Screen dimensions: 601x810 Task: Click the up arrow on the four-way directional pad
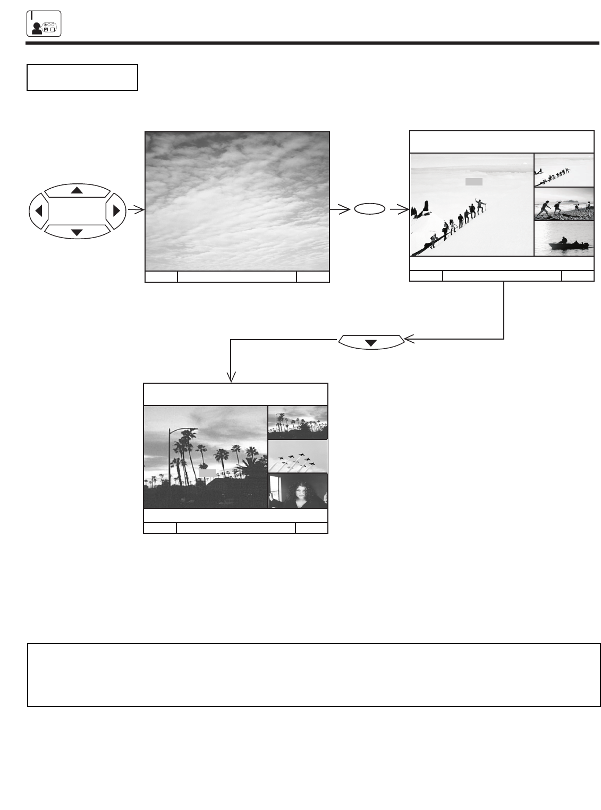pyautogui.click(x=77, y=190)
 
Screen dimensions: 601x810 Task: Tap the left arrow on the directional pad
pyautogui.click(x=38, y=211)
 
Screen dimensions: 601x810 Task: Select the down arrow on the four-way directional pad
pyautogui.click(x=77, y=232)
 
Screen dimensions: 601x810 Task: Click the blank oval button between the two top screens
pyautogui.click(x=370, y=210)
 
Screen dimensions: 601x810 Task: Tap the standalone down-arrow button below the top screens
pyautogui.click(x=371, y=343)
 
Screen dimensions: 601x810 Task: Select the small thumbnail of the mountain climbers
pyautogui.click(x=564, y=170)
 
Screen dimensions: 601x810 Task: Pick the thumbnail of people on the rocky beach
pyautogui.click(x=564, y=204)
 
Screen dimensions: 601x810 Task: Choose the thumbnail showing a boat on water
pyautogui.click(x=564, y=239)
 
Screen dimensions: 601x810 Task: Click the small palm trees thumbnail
pyautogui.click(x=298, y=423)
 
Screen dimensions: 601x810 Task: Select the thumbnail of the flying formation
pyautogui.click(x=298, y=457)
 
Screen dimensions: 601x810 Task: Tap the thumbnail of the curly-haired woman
pyautogui.click(x=298, y=491)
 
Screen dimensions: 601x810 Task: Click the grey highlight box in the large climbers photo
pyautogui.click(x=473, y=182)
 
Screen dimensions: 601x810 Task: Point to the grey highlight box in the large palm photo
pyautogui.click(x=208, y=473)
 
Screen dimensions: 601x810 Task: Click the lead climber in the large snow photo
pyautogui.click(x=480, y=205)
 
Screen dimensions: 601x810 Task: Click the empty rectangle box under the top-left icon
pyautogui.click(x=82, y=78)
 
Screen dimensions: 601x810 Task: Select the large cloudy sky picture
pyautogui.click(x=237, y=201)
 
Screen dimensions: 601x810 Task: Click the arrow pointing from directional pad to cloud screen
pyautogui.click(x=136, y=210)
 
